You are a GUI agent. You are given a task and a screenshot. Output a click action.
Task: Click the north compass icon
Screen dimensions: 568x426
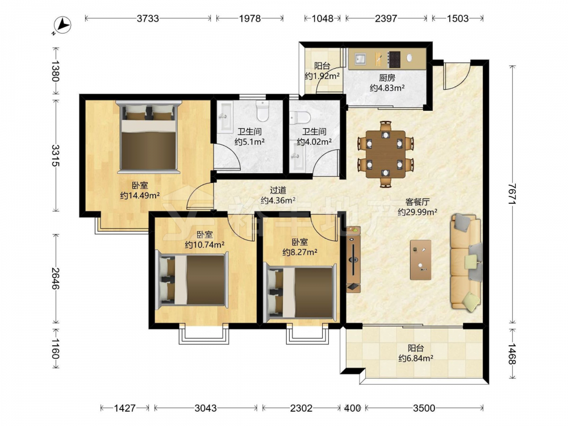[62, 26]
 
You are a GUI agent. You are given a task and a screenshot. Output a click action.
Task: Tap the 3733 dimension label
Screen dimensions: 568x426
[148, 18]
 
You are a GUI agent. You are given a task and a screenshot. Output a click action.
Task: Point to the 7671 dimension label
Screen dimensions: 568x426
[512, 194]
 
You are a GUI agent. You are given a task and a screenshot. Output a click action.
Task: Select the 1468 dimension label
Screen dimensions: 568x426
[512, 354]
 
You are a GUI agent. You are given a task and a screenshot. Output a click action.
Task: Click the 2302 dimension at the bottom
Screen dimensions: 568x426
[302, 408]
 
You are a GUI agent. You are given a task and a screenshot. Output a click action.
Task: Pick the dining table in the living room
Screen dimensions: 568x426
[386, 154]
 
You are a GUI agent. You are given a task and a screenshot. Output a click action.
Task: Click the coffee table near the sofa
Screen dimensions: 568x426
[420, 260]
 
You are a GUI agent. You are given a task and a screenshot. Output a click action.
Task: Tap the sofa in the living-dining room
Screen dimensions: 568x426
[466, 262]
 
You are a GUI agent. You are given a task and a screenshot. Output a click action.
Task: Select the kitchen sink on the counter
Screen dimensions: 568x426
[361, 59]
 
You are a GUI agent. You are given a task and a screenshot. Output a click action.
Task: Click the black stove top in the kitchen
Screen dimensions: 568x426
[394, 59]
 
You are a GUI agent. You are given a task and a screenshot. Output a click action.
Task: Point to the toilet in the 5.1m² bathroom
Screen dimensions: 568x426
[262, 111]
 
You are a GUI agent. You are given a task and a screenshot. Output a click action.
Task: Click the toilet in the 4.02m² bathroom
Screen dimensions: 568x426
[300, 118]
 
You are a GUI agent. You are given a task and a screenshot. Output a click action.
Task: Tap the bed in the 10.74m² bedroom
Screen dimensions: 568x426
[192, 279]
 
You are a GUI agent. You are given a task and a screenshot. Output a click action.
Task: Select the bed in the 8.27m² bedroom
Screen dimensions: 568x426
[300, 293]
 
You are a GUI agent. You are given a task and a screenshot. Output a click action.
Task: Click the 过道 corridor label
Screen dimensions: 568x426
[278, 190]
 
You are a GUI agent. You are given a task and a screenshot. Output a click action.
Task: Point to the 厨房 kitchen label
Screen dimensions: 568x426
[387, 78]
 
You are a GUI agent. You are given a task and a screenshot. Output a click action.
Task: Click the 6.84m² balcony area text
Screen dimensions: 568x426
[416, 358]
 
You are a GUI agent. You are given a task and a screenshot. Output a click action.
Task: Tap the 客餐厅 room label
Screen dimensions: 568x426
[417, 202]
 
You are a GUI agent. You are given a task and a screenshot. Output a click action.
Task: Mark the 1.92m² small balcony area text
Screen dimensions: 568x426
[322, 76]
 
